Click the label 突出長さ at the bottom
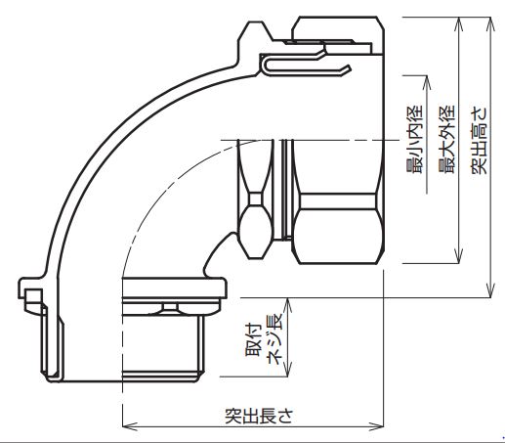[259, 416]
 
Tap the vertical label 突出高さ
[480, 140]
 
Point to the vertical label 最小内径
[415, 139]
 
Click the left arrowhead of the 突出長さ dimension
[130, 426]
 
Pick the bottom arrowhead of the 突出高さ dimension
[490, 289]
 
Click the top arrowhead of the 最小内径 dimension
[427, 83]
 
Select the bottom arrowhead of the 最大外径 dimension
[459, 255]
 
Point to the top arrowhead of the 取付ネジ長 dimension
[288, 306]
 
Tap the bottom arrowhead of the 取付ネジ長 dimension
[288, 369]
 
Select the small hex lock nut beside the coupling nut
[255, 199]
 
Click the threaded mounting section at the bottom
[163, 345]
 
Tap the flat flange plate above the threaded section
[174, 288]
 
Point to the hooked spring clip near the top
[305, 66]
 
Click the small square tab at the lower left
[33, 297]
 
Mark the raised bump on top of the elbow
[255, 31]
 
